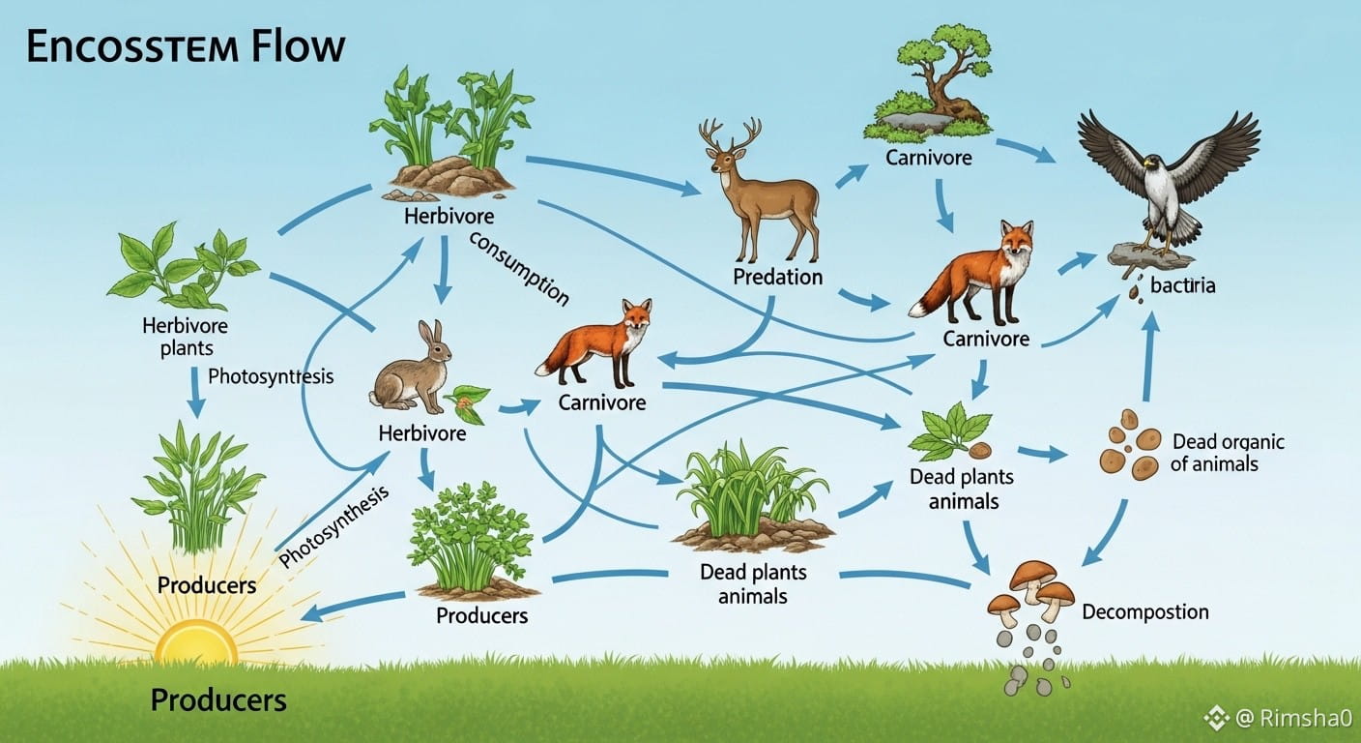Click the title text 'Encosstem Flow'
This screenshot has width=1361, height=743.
click(185, 47)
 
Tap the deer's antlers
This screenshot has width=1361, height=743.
click(731, 135)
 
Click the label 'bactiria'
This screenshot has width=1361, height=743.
click(1183, 285)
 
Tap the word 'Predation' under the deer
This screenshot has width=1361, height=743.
click(777, 278)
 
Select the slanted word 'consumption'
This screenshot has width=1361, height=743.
click(519, 268)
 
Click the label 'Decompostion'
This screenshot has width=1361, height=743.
click(1144, 611)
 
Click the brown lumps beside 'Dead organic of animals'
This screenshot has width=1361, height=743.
click(1131, 446)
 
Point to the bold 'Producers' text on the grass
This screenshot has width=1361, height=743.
click(218, 699)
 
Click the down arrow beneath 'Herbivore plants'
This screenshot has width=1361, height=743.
click(195, 392)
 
